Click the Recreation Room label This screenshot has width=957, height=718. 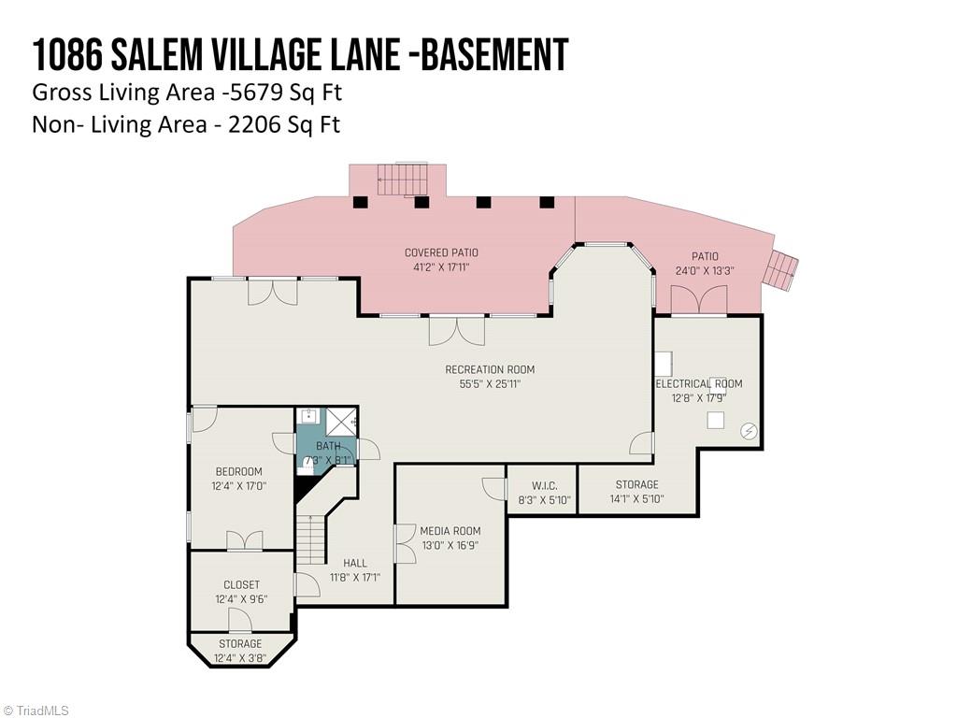click(490, 369)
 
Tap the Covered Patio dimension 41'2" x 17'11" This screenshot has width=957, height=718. click(441, 267)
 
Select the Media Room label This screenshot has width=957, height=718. click(450, 531)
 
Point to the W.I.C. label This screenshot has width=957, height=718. click(544, 485)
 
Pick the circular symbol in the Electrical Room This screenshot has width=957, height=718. click(749, 430)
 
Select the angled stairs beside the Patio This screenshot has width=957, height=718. click(781, 269)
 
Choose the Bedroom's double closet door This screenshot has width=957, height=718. click(245, 541)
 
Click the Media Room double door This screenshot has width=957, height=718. click(405, 543)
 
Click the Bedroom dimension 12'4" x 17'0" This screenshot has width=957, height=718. click(238, 486)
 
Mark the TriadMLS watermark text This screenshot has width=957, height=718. click(42, 711)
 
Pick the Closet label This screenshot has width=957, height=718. click(241, 585)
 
